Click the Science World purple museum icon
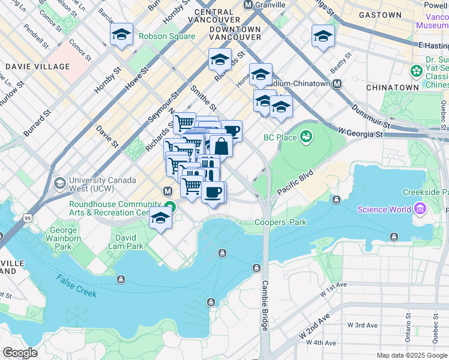(x=420, y=209)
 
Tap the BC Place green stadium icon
(x=307, y=137)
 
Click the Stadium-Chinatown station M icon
(x=337, y=84)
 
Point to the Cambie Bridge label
(x=265, y=306)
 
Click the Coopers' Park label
(x=280, y=223)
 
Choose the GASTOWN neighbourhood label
(x=379, y=15)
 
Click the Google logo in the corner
(x=20, y=352)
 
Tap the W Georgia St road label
(x=360, y=130)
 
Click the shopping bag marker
(x=221, y=145)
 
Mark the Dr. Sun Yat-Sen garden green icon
(x=416, y=71)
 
